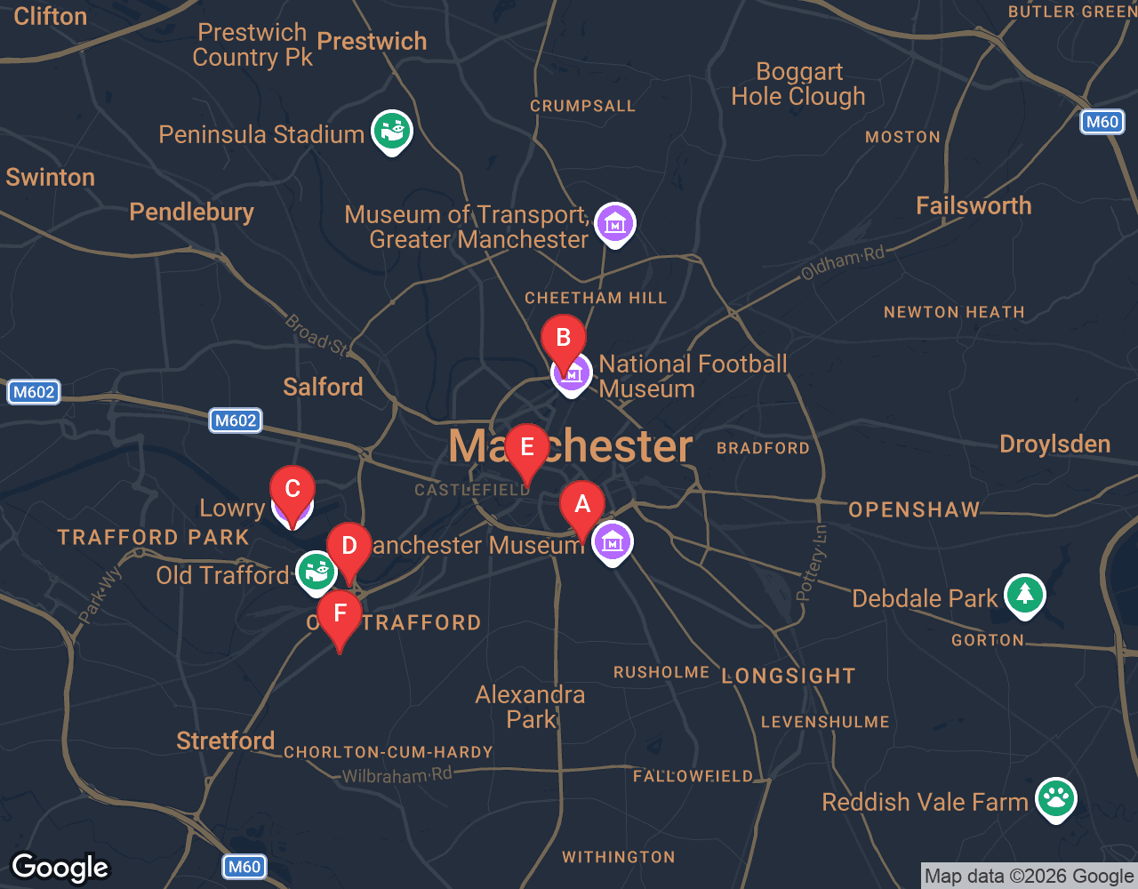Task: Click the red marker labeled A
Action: (582, 507)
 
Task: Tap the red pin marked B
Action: (563, 340)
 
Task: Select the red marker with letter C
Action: (292, 491)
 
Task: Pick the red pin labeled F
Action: (340, 615)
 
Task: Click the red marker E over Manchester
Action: (526, 449)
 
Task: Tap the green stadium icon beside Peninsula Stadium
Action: (391, 132)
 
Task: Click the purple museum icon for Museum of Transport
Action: (614, 224)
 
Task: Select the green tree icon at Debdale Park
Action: (1024, 595)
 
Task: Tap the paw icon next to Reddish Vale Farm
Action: (1055, 798)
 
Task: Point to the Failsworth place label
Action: (974, 206)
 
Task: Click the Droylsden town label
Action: (1054, 444)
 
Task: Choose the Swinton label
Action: (51, 178)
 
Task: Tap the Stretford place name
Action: (225, 741)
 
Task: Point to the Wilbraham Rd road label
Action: (397, 775)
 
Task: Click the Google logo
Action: (60, 868)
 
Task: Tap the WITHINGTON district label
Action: (618, 857)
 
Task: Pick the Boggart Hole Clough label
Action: (798, 84)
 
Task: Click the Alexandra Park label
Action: (531, 707)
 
